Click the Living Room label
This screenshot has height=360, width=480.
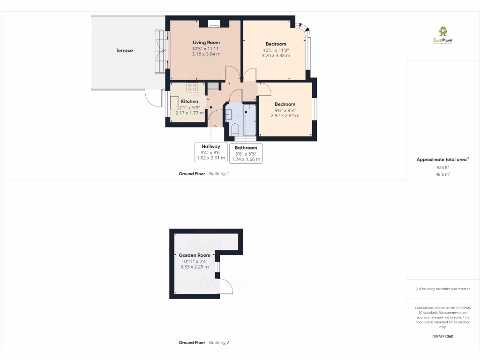point(206,43)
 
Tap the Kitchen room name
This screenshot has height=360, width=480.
point(189,101)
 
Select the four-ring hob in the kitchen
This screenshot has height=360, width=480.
point(192,87)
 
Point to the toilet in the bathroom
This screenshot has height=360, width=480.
point(235,129)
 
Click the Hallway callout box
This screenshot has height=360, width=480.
point(211,152)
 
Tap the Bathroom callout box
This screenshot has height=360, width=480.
point(246,153)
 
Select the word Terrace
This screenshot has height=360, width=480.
point(124,50)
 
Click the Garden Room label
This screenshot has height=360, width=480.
point(194,255)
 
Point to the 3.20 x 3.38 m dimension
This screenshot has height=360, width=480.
point(276,55)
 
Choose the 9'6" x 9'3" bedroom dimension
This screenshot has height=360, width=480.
point(285,110)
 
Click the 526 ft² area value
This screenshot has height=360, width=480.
point(442,167)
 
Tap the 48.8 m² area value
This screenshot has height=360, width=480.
point(442,174)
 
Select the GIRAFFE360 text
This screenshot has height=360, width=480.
point(442,336)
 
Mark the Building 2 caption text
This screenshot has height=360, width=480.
point(219,343)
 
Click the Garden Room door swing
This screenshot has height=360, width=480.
point(225,286)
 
